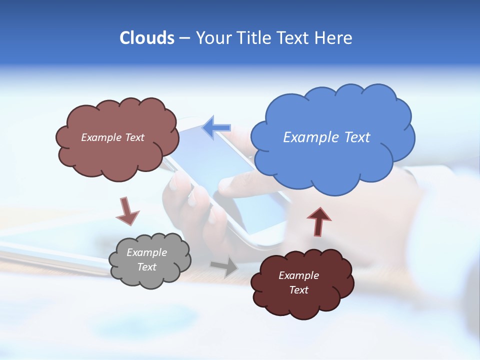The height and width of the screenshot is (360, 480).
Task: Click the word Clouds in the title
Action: (x=147, y=38)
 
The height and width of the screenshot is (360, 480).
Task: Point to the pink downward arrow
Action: (x=127, y=211)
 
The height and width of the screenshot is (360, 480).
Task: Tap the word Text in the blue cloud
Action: (x=357, y=137)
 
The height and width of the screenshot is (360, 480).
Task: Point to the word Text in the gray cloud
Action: (x=147, y=267)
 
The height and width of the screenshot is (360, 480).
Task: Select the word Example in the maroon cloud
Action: (x=299, y=275)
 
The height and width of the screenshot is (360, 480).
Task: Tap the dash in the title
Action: (x=184, y=38)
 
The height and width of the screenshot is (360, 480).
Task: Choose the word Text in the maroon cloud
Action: (x=299, y=290)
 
